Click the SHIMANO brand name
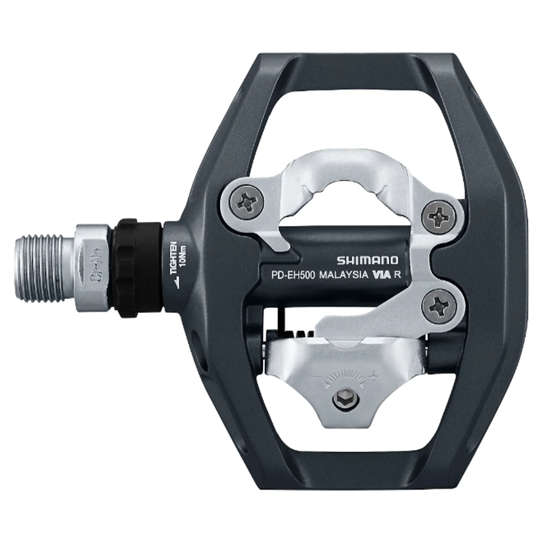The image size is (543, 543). (x=367, y=260)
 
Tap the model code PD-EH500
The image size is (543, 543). (x=294, y=275)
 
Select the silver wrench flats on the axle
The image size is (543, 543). (x=92, y=268)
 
